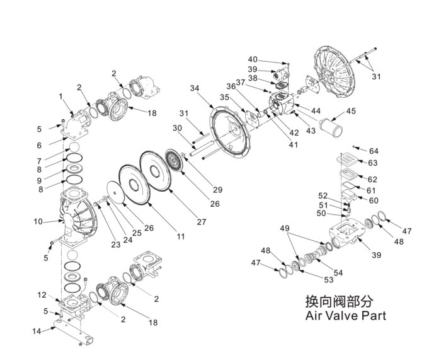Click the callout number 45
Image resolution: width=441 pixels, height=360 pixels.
[x=351, y=111]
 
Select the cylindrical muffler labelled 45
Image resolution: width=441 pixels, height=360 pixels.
[x=331, y=127]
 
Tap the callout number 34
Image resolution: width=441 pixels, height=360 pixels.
[x=195, y=88]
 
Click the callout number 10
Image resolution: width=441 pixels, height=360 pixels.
[x=38, y=222]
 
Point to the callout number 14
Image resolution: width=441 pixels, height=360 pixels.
[x=37, y=331]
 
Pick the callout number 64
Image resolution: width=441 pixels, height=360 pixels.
[x=374, y=151]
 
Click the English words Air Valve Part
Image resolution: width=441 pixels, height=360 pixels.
[x=346, y=315]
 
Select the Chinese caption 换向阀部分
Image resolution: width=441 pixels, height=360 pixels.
[x=340, y=301]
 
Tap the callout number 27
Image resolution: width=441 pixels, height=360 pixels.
[x=202, y=222]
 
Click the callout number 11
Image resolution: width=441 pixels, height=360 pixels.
[x=181, y=236]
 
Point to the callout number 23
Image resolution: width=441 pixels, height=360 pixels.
[x=115, y=245]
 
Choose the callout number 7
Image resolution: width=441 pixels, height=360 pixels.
[x=39, y=161]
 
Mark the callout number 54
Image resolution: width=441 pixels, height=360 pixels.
[x=338, y=273]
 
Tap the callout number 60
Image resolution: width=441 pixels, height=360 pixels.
[x=374, y=200]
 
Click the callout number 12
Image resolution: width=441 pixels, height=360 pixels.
[x=42, y=295]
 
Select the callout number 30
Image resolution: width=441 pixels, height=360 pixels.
[x=177, y=129]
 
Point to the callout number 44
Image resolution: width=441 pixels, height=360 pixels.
[x=316, y=111]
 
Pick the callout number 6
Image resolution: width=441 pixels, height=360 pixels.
[x=39, y=146]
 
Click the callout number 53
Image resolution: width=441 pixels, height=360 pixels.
[x=328, y=280]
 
